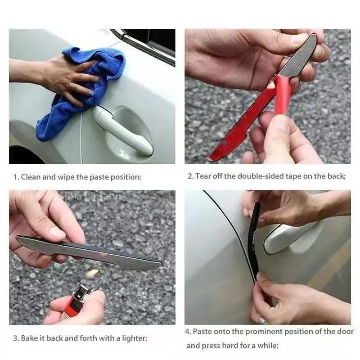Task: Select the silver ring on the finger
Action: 262,320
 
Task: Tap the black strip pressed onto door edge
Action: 255,243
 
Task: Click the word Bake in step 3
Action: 29,338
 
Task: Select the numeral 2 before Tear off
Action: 189,176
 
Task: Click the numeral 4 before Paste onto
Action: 189,332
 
